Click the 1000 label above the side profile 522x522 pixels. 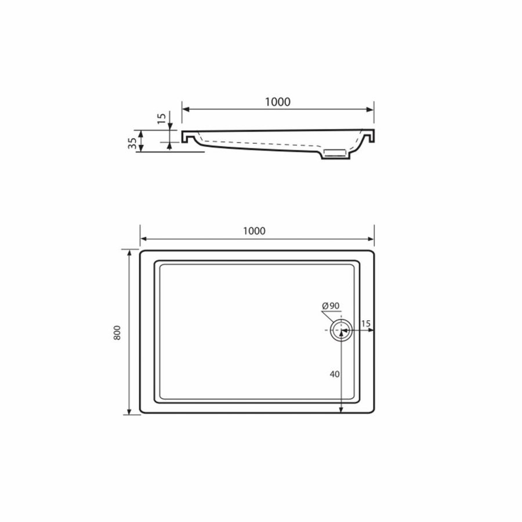point(277,101)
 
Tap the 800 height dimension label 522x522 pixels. point(117,332)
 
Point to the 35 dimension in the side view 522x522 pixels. point(133,142)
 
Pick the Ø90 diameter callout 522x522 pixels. point(331,306)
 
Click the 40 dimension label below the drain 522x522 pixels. point(334,374)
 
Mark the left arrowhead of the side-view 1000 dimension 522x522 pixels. point(186,108)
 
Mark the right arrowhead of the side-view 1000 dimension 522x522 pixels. point(371,108)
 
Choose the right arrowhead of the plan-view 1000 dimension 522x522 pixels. point(371,238)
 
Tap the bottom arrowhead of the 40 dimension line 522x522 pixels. point(340,411)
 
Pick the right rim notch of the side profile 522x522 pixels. point(368,138)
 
